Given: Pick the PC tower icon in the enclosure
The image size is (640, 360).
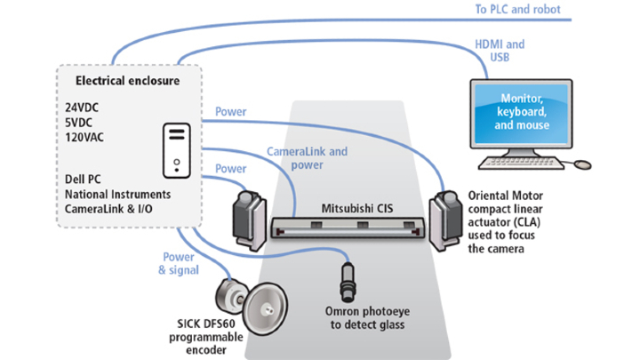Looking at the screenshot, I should [x=177, y=148].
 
